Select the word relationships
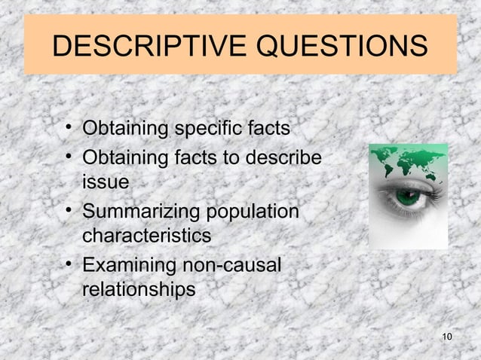(x=138, y=289)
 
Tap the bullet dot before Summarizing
(x=69, y=211)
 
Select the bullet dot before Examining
(x=69, y=264)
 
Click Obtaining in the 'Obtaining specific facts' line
(x=125, y=130)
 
